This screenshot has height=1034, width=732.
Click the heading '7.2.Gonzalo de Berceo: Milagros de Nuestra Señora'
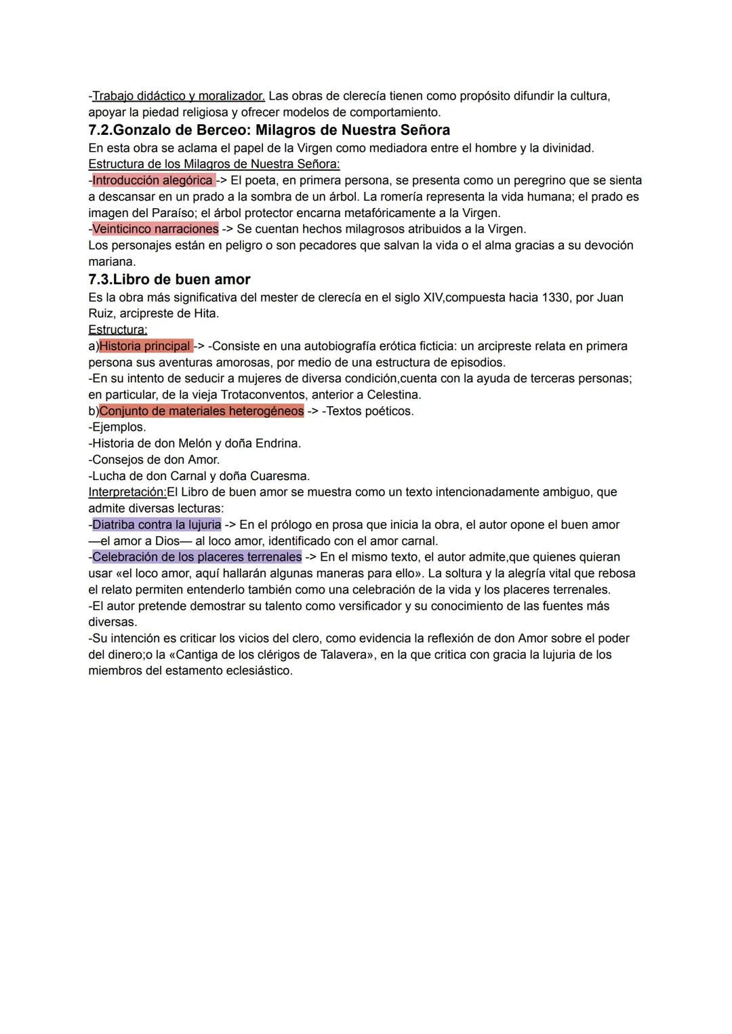coord(269,130)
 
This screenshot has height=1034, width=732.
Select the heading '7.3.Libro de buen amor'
coord(169,279)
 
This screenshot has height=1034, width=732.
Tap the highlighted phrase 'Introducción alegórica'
coord(152,180)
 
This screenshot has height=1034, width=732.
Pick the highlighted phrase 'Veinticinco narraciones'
coord(155,229)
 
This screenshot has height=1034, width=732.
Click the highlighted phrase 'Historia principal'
coord(145,346)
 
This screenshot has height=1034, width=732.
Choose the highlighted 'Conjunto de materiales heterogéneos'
coord(201,411)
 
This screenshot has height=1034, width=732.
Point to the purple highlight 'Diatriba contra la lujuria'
coord(157,525)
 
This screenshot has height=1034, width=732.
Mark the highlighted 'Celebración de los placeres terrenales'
coord(197,557)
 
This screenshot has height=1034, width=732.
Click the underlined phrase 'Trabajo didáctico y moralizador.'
coord(178,96)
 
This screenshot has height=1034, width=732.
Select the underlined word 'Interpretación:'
coord(127,492)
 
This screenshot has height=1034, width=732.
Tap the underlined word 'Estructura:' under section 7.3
coord(118,330)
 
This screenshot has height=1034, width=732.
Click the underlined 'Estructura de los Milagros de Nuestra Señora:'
coord(214,164)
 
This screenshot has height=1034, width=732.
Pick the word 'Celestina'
coord(392,395)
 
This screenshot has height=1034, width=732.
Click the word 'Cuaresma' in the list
coord(281,476)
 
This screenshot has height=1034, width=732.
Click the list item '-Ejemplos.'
coord(117,427)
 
